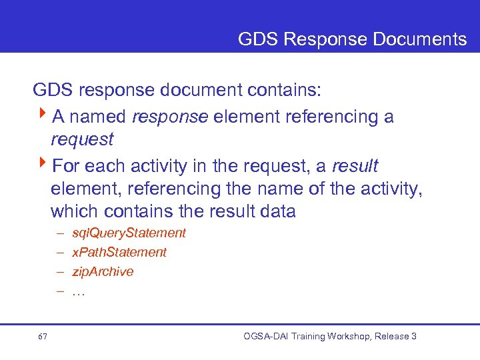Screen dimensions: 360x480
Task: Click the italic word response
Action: tap(170, 117)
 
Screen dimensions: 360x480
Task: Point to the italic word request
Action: tap(82, 139)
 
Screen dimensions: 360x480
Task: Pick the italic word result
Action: tap(355, 165)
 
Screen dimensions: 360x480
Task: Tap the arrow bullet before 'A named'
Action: tap(43, 116)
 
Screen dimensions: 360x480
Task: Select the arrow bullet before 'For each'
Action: tap(43, 164)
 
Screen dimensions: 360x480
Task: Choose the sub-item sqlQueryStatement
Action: tap(129, 233)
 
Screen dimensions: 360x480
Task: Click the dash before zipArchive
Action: tap(60, 271)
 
